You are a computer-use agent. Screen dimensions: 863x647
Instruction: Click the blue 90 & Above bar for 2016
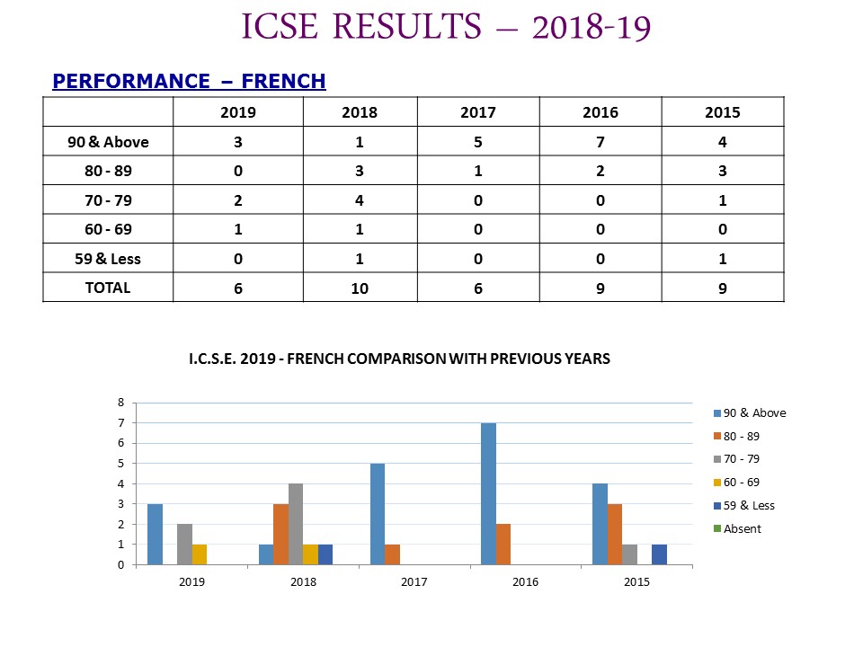coord(488,493)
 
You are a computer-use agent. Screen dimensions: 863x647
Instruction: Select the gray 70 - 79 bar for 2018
coord(296,524)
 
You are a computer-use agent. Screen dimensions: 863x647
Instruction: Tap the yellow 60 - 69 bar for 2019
coord(200,554)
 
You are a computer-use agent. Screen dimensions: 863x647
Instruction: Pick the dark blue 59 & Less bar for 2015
coord(659,554)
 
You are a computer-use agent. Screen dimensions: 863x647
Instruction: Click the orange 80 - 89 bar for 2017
coord(393,554)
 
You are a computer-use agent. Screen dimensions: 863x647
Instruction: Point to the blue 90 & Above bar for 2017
coord(378,514)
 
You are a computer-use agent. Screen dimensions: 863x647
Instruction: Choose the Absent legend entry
coord(737,528)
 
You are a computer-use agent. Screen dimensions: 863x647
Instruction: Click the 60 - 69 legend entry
coord(736,483)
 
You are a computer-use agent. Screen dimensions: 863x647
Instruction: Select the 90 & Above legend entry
coord(750,413)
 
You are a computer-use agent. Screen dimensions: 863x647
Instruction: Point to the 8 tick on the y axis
coord(121,403)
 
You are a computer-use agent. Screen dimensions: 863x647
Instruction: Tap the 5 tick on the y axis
coord(121,464)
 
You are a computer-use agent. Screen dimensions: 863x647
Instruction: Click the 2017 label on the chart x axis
coord(414,582)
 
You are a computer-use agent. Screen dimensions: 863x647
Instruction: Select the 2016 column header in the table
coord(601,112)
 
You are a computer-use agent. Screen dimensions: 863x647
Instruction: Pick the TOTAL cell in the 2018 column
coord(360,288)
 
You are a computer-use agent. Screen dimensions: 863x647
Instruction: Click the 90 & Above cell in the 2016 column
coord(601,142)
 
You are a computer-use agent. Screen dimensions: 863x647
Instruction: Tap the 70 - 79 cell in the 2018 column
coord(360,200)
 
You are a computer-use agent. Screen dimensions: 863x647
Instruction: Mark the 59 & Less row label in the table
coord(108,259)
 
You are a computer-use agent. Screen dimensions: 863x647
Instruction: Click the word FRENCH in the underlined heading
coord(283,81)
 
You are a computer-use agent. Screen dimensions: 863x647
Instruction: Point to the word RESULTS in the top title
coord(407,26)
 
